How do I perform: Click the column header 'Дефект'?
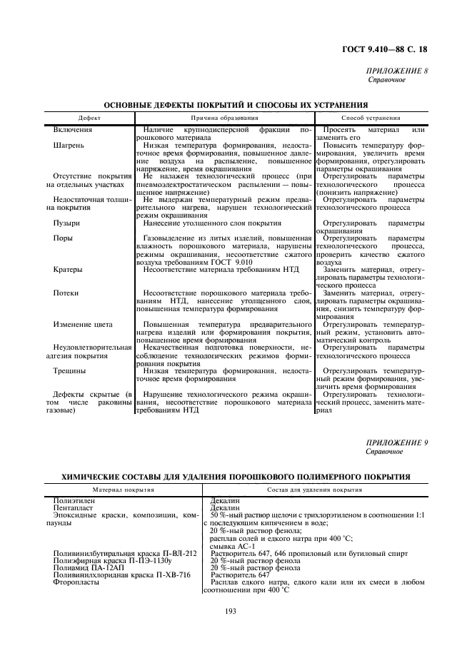coord(90,118)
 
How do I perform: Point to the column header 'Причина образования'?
coord(224,118)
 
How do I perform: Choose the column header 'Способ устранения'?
coord(371,118)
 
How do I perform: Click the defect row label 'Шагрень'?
coord(69,145)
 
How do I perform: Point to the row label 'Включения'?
coord(73,130)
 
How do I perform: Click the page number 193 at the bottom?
coord(231,610)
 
